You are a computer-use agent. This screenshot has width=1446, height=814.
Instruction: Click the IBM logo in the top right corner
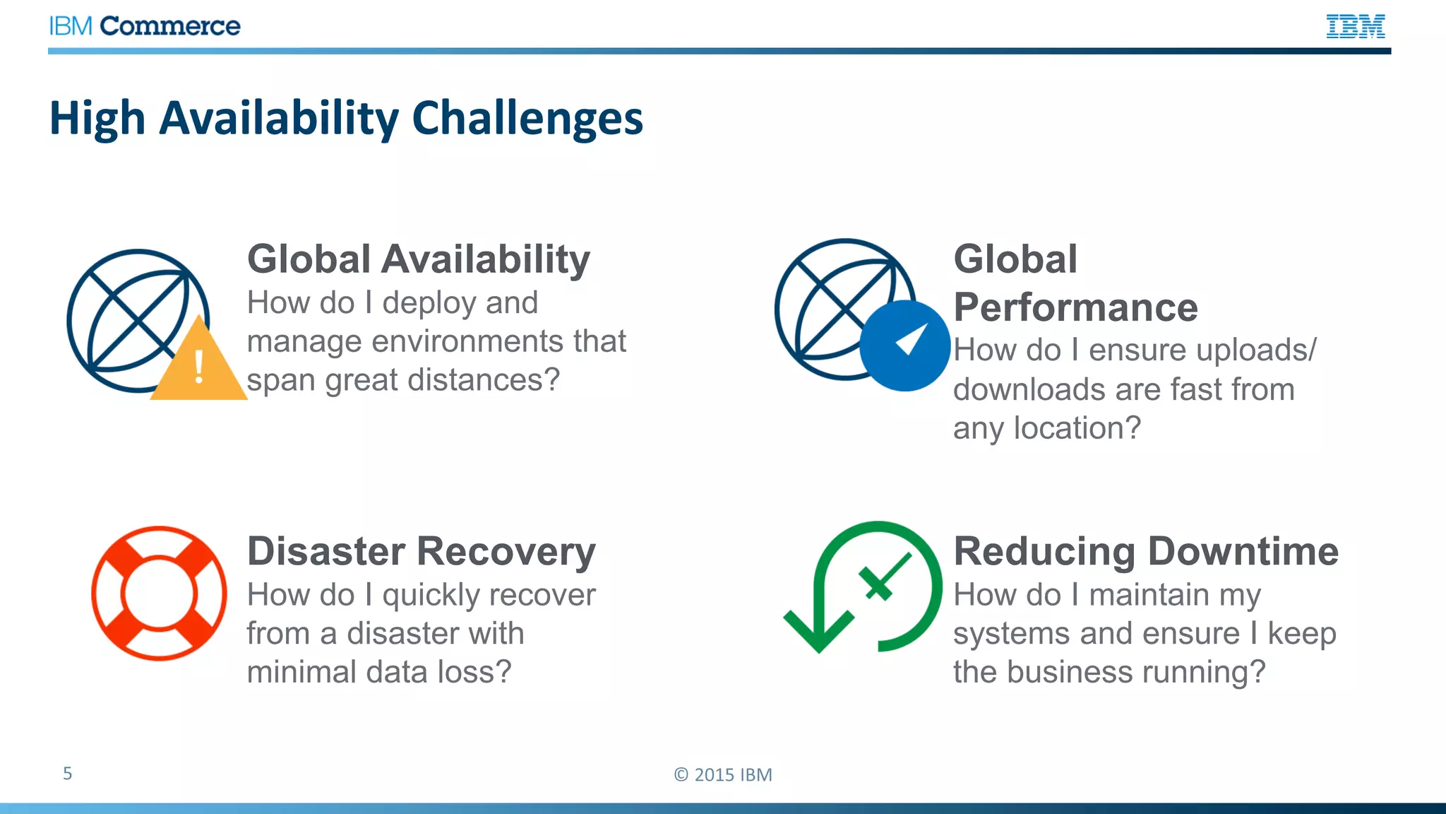coord(1355,26)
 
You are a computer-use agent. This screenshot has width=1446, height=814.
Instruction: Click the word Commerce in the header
coord(170,26)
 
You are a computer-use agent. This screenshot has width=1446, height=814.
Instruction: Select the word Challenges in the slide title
coord(527,118)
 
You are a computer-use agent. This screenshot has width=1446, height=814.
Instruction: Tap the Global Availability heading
coord(418,259)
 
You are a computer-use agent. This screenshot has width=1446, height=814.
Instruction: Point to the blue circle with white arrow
coord(904,346)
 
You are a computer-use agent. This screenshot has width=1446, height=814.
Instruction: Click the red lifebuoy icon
coord(159,593)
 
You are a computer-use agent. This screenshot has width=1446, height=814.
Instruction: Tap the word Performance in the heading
coord(1075,307)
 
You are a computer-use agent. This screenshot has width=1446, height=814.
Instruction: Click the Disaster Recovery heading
coord(421,551)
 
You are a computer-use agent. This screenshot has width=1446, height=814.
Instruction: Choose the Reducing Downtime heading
coord(1145,551)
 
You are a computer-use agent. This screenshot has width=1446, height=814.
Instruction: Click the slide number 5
coord(67,773)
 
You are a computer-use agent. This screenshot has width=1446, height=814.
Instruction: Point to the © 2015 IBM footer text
coord(723,774)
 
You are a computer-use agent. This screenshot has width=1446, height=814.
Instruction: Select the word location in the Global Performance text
coord(1077,428)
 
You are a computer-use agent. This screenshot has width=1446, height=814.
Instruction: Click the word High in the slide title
coord(97,118)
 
